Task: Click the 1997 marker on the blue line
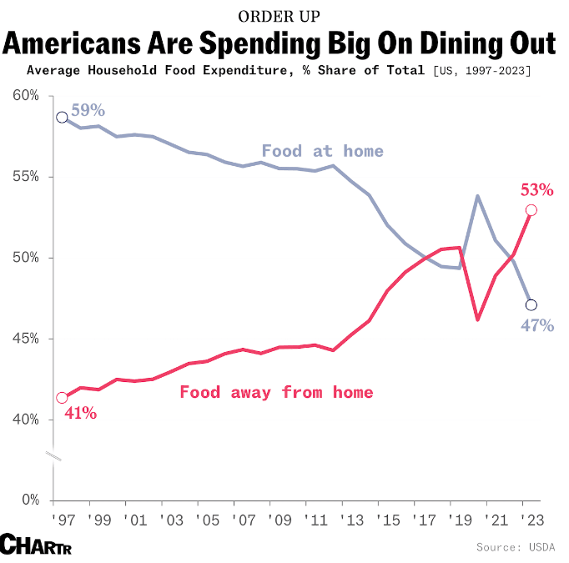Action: coord(61,117)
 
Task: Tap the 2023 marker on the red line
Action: coord(531,209)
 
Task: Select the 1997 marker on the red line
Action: coord(61,398)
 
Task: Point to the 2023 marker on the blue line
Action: coord(531,304)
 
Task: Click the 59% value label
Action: coord(88,111)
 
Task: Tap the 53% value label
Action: coord(536,189)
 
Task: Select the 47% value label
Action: coord(537,325)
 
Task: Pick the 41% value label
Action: coord(80,412)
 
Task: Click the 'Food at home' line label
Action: coord(322,151)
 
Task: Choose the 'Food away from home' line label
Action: coord(276,392)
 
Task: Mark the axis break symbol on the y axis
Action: coord(53,456)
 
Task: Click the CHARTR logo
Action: coord(34,544)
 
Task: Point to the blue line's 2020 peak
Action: coord(476,196)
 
